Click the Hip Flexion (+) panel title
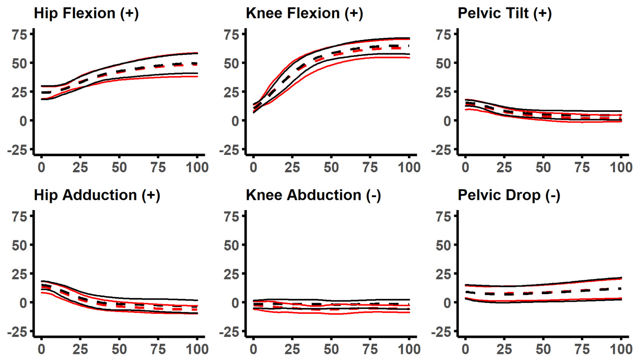[x=86, y=13]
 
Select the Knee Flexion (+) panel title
[x=304, y=13]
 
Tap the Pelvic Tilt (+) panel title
[x=504, y=13]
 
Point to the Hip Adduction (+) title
[x=97, y=195]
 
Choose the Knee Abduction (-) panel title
[x=313, y=195]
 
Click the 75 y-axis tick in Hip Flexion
[x=21, y=34]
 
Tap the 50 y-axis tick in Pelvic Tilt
[x=444, y=63]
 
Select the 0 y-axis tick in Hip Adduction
[x=25, y=302]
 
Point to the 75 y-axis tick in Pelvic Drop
[x=444, y=216]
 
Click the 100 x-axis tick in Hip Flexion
[x=197, y=168]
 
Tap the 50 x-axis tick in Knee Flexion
[x=331, y=168]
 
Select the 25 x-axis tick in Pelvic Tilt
[x=504, y=168]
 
